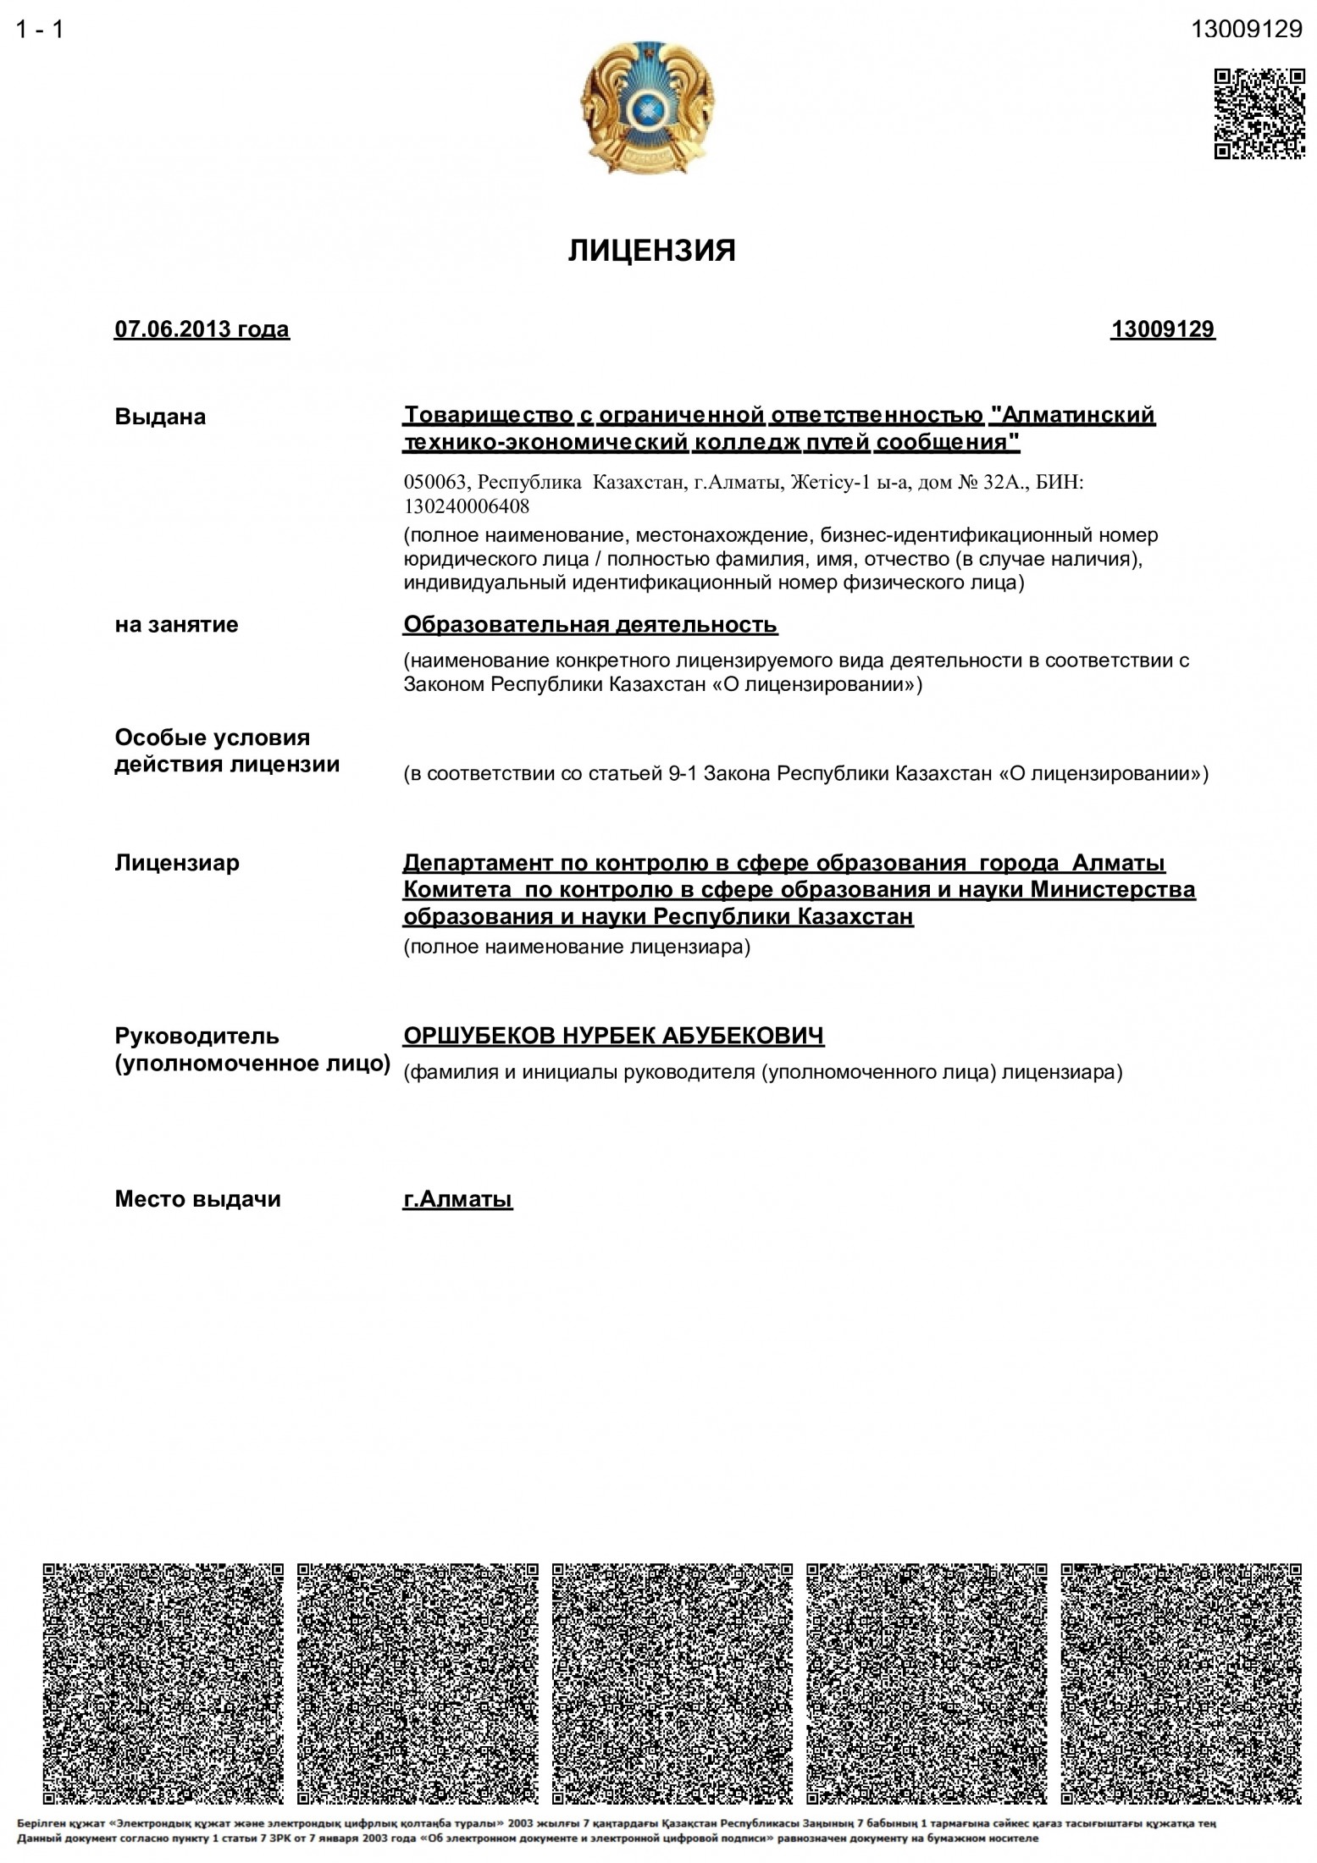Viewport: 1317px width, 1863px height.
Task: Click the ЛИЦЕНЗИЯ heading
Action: (651, 251)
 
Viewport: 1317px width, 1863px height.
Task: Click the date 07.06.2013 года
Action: (202, 329)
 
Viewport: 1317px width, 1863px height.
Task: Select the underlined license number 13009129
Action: (1163, 329)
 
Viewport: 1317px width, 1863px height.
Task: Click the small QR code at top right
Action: (1259, 113)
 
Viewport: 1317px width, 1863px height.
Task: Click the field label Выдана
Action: (160, 417)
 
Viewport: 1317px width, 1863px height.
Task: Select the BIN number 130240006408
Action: (467, 507)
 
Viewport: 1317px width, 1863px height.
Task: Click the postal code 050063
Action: (435, 483)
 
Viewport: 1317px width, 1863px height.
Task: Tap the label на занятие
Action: (176, 625)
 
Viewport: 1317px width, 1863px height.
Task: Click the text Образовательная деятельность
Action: (590, 625)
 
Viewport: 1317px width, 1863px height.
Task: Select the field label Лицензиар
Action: (177, 863)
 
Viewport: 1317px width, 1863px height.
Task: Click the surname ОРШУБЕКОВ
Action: (479, 1036)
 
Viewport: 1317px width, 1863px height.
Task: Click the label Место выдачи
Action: (197, 1199)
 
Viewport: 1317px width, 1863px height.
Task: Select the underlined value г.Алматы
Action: (457, 1199)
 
